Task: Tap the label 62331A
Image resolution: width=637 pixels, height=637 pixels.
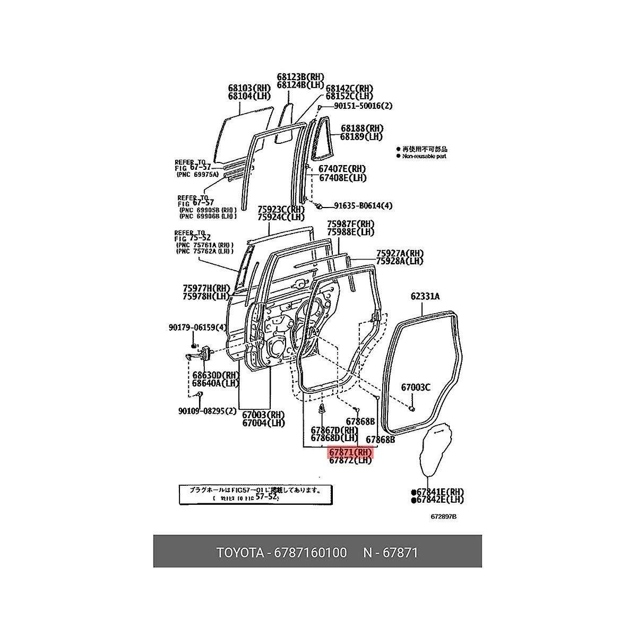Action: click(425, 297)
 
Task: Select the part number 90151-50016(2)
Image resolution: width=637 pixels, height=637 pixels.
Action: click(364, 106)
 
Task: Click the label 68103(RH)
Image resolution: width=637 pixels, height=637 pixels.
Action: click(249, 88)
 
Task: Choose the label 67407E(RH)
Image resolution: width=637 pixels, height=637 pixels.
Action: click(342, 169)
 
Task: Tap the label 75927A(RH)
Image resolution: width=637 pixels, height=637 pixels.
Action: click(400, 253)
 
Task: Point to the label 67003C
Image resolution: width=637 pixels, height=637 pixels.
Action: click(416, 387)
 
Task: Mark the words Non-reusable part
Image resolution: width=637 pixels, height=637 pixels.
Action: click(425, 157)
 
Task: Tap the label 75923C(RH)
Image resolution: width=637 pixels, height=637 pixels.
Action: click(281, 209)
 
